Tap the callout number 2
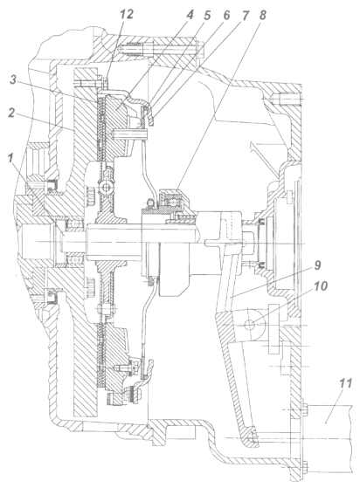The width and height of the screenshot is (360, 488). pyautogui.click(x=12, y=113)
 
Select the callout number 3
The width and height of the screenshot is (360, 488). pyautogui.click(x=13, y=80)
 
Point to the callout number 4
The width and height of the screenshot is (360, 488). pyautogui.click(x=190, y=15)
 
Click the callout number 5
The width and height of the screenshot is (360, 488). pyautogui.click(x=207, y=16)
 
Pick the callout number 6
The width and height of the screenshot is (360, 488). pyautogui.click(x=225, y=16)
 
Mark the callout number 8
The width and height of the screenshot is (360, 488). pyautogui.click(x=262, y=16)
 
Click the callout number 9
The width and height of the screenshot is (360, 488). pyautogui.click(x=316, y=265)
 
